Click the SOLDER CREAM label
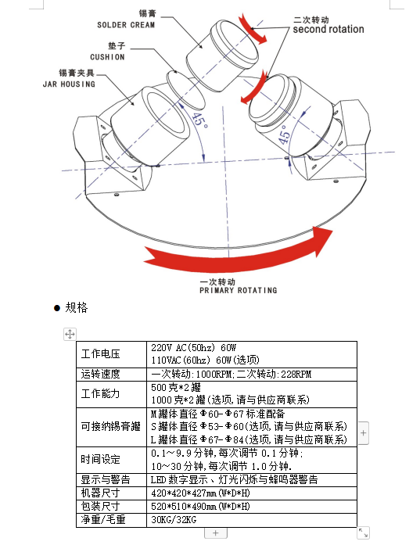tap(126, 25)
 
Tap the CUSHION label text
tap(107, 57)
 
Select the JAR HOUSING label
tap(69, 84)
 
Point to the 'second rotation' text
tap(328, 29)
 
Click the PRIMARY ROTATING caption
tap(239, 290)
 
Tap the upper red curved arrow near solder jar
tap(253, 30)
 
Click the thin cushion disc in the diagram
tap(185, 89)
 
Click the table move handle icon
tap(70, 334)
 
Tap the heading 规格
tap(77, 307)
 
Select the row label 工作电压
tap(100, 354)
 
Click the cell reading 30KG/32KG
tap(174, 520)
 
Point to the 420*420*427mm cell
tap(200, 493)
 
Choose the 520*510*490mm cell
tap(200, 507)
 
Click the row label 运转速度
tap(100, 374)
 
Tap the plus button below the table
tap(216, 532)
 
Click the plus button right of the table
tap(364, 432)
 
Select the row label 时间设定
tap(100, 459)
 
